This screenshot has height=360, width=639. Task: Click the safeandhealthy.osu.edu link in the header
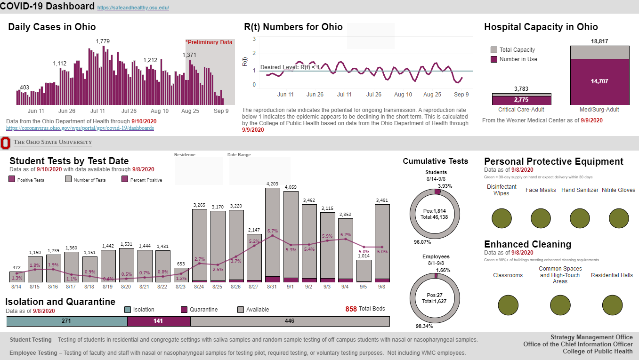point(133,8)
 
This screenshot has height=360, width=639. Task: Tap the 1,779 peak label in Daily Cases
point(103,41)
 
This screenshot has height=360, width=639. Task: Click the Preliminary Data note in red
point(209,42)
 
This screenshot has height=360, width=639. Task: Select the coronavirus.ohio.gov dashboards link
point(80,128)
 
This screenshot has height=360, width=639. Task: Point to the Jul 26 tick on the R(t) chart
point(374,94)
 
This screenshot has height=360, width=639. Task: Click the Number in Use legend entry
point(514,59)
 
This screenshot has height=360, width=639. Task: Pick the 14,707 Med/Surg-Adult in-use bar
point(599,82)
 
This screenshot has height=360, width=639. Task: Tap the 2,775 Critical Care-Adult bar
point(521,100)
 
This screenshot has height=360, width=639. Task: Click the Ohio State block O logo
point(5,143)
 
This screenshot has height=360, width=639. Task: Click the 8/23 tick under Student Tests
point(180,287)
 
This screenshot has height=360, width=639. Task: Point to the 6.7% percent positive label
point(273,231)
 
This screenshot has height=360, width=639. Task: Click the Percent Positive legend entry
point(142,180)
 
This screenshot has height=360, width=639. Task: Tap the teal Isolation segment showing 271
point(67,321)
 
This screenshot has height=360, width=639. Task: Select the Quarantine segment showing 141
point(159,321)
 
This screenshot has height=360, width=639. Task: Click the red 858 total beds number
point(351,309)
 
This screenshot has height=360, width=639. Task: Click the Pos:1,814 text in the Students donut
point(434,211)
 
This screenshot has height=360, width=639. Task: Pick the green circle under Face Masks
point(541,218)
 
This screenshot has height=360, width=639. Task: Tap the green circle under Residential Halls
point(612,305)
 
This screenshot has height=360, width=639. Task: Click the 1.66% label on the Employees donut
point(443,270)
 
